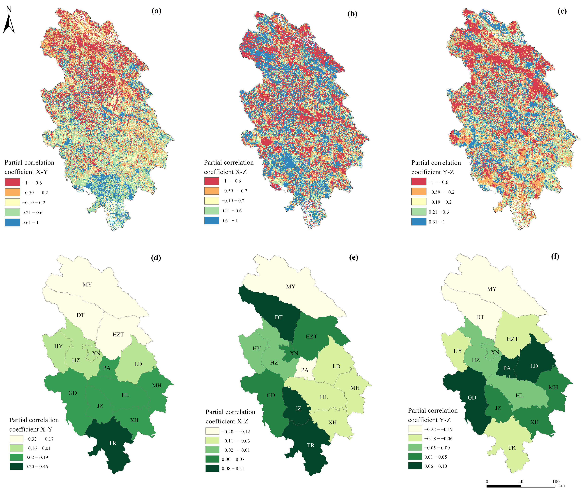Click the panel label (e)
click(354, 257)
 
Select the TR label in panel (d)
click(113, 443)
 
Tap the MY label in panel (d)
click(87, 285)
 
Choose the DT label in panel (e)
click(278, 317)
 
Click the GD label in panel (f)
click(472, 397)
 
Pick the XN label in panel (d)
click(96, 353)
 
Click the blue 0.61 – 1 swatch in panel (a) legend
click(12, 222)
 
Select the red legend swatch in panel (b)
click(212, 181)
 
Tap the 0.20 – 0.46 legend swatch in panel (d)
click(16, 466)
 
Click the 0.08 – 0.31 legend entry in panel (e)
click(233, 468)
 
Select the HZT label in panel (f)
click(512, 339)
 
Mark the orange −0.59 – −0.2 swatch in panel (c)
click(418, 192)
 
